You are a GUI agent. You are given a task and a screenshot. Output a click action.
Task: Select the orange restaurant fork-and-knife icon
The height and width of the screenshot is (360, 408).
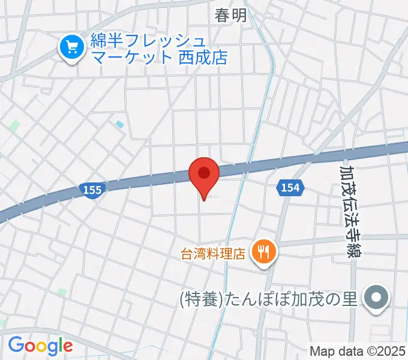(x=263, y=250)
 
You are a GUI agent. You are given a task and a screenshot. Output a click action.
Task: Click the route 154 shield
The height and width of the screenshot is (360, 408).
(x=289, y=188)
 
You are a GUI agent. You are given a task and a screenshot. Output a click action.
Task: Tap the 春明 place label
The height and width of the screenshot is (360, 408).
(x=231, y=16)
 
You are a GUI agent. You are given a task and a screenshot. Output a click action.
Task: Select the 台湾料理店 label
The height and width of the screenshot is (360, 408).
(x=214, y=253)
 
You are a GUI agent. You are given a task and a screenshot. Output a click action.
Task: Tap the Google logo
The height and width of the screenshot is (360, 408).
(x=40, y=345)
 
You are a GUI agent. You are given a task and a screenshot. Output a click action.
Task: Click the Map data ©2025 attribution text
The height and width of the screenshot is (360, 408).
(x=358, y=351)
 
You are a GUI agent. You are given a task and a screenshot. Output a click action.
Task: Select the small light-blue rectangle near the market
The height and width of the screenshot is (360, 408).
(x=120, y=124)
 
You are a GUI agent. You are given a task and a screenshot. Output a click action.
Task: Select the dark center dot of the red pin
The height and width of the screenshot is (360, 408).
(x=204, y=173)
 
